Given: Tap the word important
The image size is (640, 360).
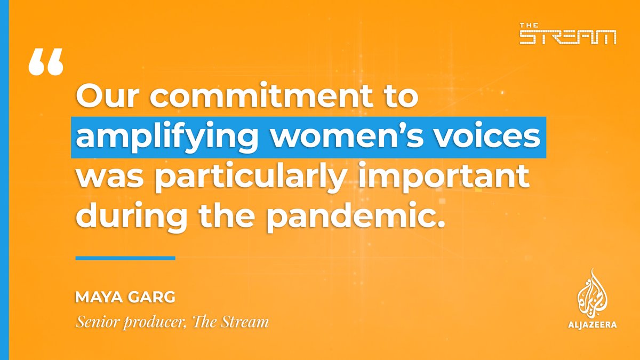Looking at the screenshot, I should tap(448, 178).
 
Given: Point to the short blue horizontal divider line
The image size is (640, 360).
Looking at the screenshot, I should tap(125, 258).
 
